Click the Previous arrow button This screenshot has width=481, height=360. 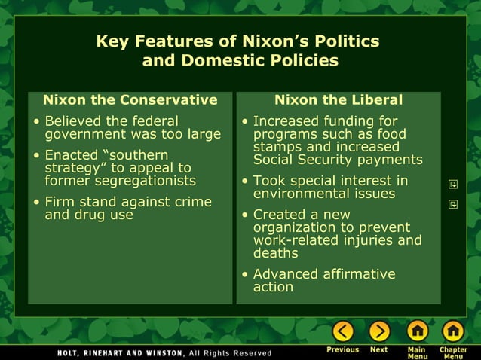click(x=343, y=331)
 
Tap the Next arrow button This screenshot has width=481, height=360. click(x=378, y=331)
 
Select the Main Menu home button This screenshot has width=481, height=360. click(x=417, y=331)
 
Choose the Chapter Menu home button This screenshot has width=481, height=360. click(x=453, y=331)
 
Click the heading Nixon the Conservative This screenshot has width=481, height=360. click(x=130, y=100)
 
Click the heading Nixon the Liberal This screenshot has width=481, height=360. click(x=339, y=100)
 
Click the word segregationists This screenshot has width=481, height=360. click(x=140, y=181)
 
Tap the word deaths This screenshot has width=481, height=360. click(x=276, y=253)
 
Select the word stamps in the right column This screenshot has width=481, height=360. click(x=277, y=147)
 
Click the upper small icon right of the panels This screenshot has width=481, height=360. click(x=453, y=184)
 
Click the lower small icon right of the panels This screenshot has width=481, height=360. click(x=453, y=203)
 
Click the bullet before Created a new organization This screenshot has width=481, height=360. click(x=245, y=215)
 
